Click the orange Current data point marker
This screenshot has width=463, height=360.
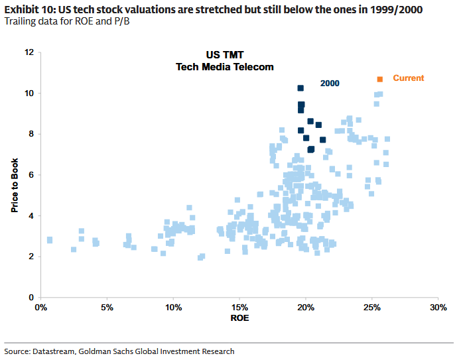380,80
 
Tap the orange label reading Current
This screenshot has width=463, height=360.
408,78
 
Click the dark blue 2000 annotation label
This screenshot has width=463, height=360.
330,84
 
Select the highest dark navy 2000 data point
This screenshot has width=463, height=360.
300,88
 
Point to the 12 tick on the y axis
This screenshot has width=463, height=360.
29,52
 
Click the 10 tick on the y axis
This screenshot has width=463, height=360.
29,93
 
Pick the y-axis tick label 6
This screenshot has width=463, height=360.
31,175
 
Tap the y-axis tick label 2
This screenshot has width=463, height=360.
31,257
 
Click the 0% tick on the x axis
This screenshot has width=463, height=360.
40,308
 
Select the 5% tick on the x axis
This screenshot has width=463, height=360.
106,308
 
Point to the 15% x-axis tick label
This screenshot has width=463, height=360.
239,308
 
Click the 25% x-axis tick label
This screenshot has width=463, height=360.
371,308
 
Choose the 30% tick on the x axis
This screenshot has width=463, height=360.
438,308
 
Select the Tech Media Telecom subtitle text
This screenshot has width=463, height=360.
224,67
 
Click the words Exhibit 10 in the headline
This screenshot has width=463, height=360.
28,9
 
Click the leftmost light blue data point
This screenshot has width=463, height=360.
49,240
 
